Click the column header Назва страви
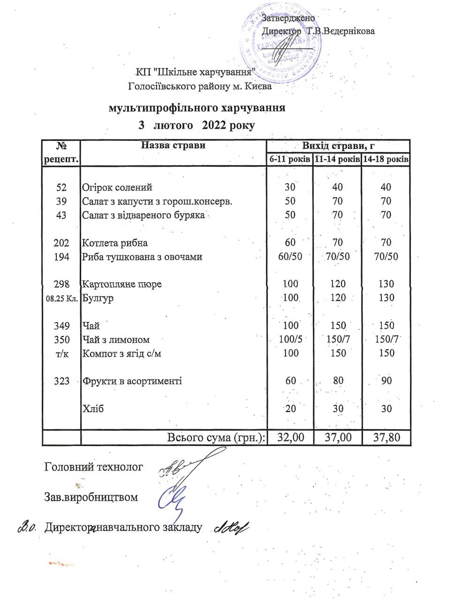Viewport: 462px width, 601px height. (x=173, y=146)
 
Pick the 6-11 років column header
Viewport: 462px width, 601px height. (x=290, y=160)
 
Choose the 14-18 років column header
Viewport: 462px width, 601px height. (x=386, y=160)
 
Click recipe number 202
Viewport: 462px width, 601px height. (x=61, y=243)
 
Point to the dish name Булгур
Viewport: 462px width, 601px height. (x=98, y=298)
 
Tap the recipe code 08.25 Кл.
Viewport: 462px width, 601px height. (x=61, y=298)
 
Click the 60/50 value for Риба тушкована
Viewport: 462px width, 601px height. (x=290, y=257)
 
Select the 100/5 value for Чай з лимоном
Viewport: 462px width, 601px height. (x=290, y=339)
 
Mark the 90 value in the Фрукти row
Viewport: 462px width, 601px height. (x=386, y=381)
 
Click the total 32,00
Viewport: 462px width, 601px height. (x=291, y=438)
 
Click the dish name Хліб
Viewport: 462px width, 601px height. (x=93, y=408)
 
